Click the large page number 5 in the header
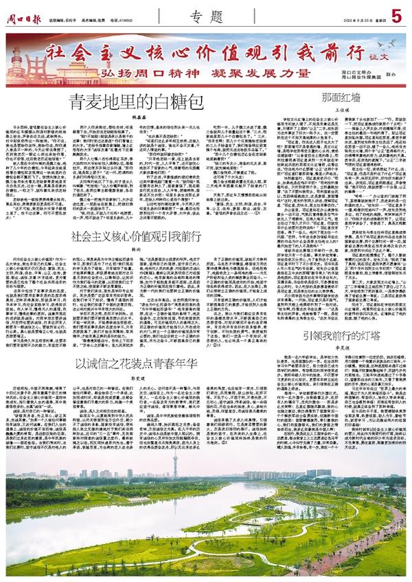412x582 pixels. click(396, 13)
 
